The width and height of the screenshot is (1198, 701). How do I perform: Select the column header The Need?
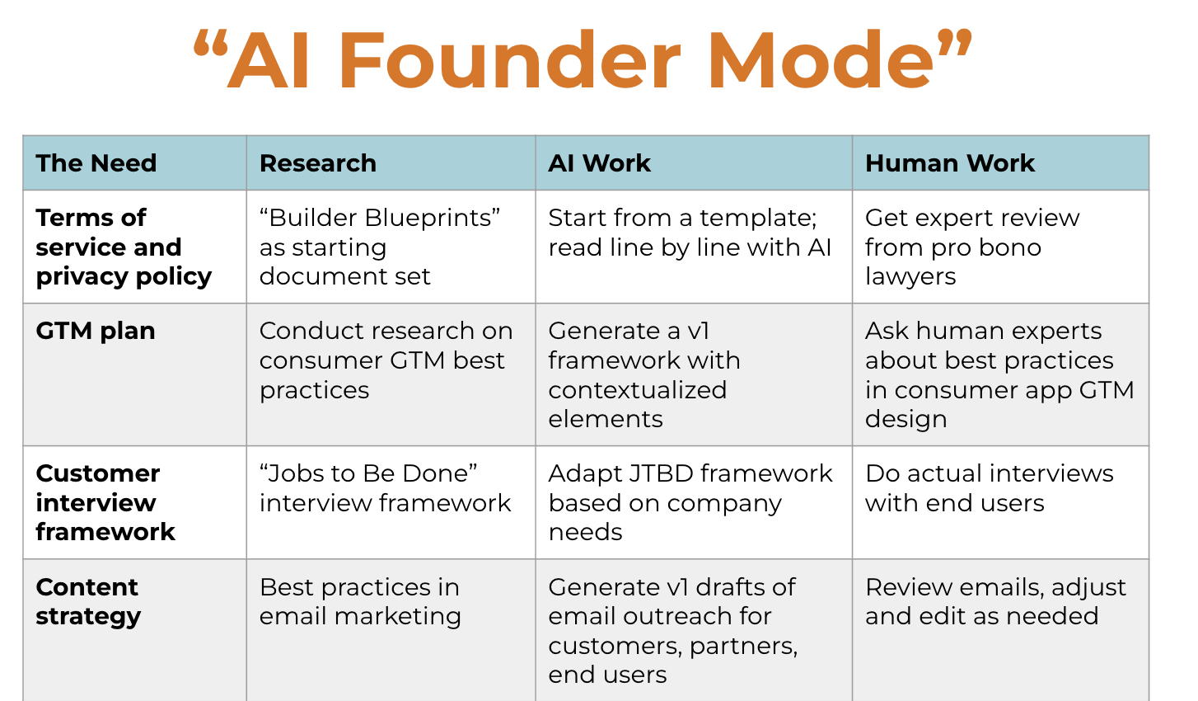pyautogui.click(x=96, y=162)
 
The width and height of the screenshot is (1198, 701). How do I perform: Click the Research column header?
pyautogui.click(x=318, y=162)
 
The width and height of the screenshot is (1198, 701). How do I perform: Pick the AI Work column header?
pyautogui.click(x=600, y=162)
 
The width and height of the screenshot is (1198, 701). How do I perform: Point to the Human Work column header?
pyautogui.click(x=950, y=162)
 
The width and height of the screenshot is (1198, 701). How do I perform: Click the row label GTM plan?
pyautogui.click(x=96, y=332)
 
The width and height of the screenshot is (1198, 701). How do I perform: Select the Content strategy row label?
pyautogui.click(x=88, y=602)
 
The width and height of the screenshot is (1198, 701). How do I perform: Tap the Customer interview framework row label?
pyautogui.click(x=105, y=502)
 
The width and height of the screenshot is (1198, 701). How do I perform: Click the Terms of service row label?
pyautogui.click(x=124, y=247)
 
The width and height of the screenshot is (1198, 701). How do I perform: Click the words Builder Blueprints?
pyautogui.click(x=380, y=218)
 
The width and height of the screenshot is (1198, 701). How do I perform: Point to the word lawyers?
pyautogui.click(x=910, y=277)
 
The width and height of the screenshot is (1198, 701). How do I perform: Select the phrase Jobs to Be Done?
pyautogui.click(x=368, y=473)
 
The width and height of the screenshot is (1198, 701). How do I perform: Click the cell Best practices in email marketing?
pyautogui.click(x=360, y=602)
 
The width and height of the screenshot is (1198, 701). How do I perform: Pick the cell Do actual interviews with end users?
pyautogui.click(x=990, y=488)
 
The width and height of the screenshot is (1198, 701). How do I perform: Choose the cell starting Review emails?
pyautogui.click(x=996, y=602)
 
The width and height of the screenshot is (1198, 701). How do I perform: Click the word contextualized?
pyautogui.click(x=638, y=390)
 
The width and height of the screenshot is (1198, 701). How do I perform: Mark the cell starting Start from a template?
pyautogui.click(x=690, y=233)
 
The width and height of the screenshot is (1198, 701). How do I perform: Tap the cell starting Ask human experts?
pyautogui.click(x=999, y=375)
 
